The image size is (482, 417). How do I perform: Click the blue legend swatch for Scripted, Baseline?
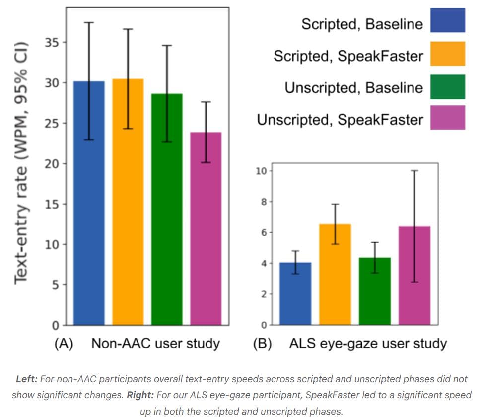(448, 20)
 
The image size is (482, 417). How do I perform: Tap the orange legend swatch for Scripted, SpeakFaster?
(448, 54)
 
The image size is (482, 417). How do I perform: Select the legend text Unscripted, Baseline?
(353, 88)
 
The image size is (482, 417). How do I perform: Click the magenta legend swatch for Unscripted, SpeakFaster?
(448, 118)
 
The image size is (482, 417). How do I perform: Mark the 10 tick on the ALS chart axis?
(262, 171)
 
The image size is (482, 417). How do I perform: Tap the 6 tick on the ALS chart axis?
(264, 232)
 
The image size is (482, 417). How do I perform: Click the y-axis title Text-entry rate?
(21, 164)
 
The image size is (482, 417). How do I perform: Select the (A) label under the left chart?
(64, 344)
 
